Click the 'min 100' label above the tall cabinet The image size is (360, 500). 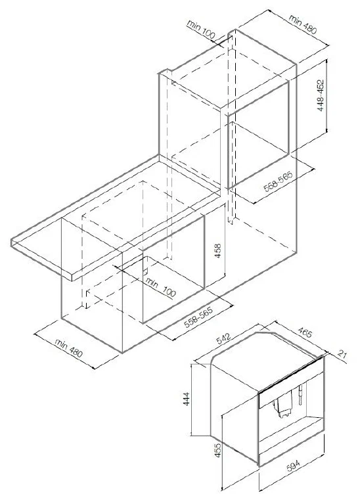click(201, 30)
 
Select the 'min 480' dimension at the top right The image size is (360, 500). click(303, 24)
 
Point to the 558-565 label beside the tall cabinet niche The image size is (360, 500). click(279, 182)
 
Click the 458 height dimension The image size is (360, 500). click(218, 251)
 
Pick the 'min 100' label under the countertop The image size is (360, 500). click(161, 287)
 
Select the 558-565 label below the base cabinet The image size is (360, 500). click(198, 317)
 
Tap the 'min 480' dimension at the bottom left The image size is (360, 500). click(68, 348)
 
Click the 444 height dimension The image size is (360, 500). click(187, 399)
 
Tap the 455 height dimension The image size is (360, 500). click(218, 450)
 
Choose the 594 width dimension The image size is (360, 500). click(294, 466)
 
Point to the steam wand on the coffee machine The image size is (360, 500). click(300, 395)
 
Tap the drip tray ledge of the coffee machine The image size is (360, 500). click(291, 430)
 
